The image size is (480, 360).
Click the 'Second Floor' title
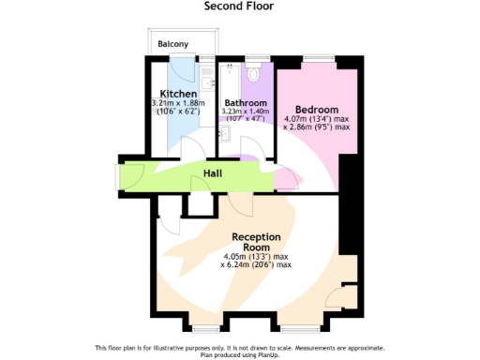tap(239, 6)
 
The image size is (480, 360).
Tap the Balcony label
tap(172, 44)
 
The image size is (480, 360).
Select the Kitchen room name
tap(177, 94)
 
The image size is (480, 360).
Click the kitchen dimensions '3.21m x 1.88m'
tap(177, 103)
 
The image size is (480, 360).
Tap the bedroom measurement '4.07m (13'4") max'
tap(317, 118)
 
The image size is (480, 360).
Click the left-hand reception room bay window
tap(204, 329)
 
